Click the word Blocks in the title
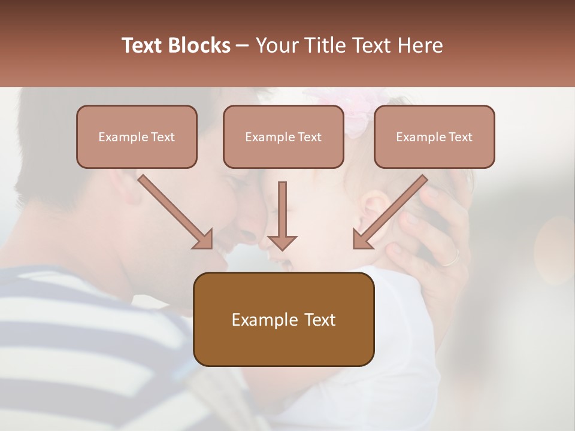point(199,45)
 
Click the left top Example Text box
point(137,136)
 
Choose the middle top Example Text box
point(283,136)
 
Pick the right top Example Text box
point(434,136)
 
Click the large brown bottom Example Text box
point(283,319)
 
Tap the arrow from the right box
point(390,212)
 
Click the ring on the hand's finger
point(450,257)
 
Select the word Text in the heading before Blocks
point(143,45)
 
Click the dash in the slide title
point(243,45)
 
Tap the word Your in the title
point(276,45)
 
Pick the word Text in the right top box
point(460,137)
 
